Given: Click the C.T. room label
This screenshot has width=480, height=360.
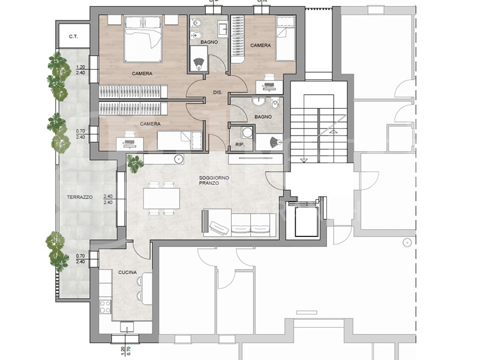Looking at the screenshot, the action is pos(73,37).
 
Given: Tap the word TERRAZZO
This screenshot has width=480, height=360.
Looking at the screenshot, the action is pos(80,197).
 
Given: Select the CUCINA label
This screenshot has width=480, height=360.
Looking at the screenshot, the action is pos(127,272).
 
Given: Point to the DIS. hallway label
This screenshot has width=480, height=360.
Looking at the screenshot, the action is pos(218,92).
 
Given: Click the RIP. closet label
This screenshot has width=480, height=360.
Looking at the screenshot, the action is pos(239,145).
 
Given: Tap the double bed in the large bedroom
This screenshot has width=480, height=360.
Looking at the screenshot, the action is pos(143,39).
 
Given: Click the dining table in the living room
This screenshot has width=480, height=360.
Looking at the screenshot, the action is pos(161,199).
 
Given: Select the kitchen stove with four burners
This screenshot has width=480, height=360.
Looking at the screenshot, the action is pos(105,307).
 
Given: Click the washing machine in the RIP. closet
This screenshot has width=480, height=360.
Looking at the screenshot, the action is pos(247,132).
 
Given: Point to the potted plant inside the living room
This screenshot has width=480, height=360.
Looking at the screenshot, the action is pos(134,163).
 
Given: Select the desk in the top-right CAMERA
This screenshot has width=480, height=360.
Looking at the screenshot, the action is pos(269,87).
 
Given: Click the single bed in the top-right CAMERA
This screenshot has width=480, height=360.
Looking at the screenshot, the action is pos(286,38).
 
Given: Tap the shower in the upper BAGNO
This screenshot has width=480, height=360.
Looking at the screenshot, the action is pos(199,59).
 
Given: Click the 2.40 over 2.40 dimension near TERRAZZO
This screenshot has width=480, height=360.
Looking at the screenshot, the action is pos(108,199).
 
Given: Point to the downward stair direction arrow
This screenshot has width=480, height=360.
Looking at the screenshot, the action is pos(304,160).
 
